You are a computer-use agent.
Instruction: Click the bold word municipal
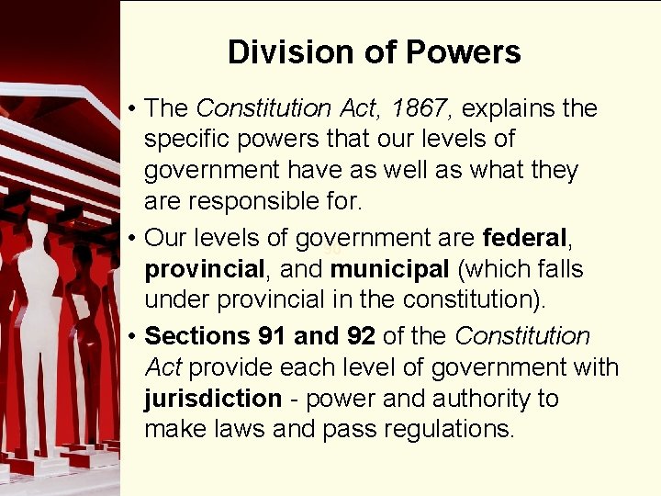[388, 270]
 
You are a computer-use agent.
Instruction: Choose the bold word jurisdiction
[213, 399]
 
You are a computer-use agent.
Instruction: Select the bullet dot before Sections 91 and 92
[134, 337]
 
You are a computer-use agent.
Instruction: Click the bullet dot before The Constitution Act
[134, 109]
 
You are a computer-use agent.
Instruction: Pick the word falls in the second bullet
[557, 270]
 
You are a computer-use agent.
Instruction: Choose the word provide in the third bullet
[228, 367]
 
